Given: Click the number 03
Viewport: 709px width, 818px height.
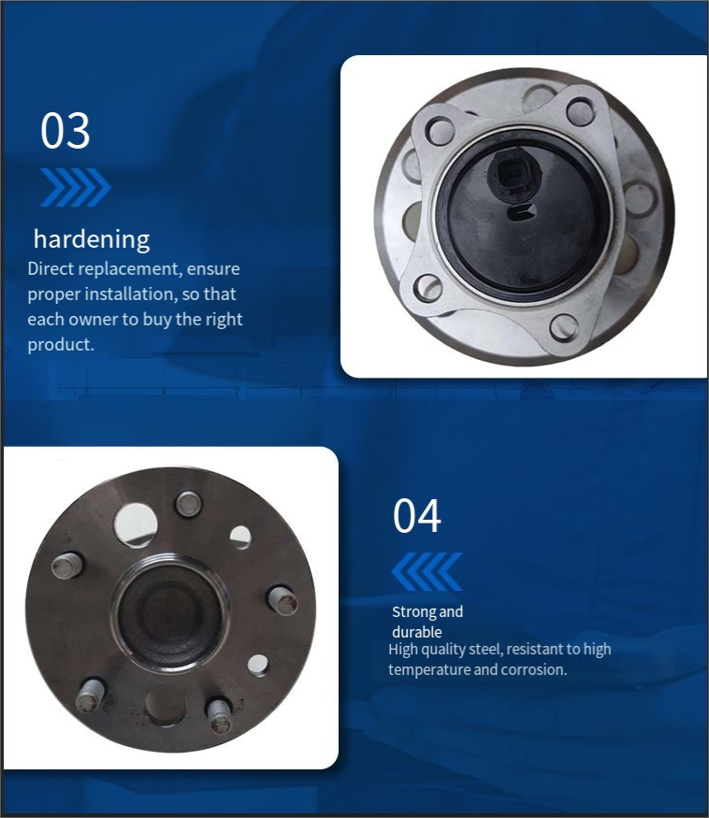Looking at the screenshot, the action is tap(65, 131).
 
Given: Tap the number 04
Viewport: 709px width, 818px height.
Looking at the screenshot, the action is tap(416, 515).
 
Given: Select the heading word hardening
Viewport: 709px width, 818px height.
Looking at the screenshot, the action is tap(92, 240).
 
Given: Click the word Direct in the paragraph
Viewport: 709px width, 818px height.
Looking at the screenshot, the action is tap(51, 268).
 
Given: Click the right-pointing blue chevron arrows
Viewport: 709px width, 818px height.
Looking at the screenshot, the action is tap(76, 187).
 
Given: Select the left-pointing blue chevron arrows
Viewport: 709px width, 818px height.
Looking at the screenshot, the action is tap(427, 571).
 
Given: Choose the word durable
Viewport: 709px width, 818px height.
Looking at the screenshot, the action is tap(416, 632).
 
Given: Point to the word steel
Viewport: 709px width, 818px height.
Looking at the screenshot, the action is tap(485, 649).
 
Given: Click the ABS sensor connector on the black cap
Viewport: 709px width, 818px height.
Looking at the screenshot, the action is tap(514, 173).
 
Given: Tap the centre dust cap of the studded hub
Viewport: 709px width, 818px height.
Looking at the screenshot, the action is tap(169, 612).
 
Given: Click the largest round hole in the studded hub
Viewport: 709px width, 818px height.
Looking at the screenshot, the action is tap(136, 524).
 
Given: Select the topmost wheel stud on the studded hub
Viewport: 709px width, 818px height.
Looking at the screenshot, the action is tap(189, 504).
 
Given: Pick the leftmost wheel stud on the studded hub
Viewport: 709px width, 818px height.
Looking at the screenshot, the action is tap(66, 565).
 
